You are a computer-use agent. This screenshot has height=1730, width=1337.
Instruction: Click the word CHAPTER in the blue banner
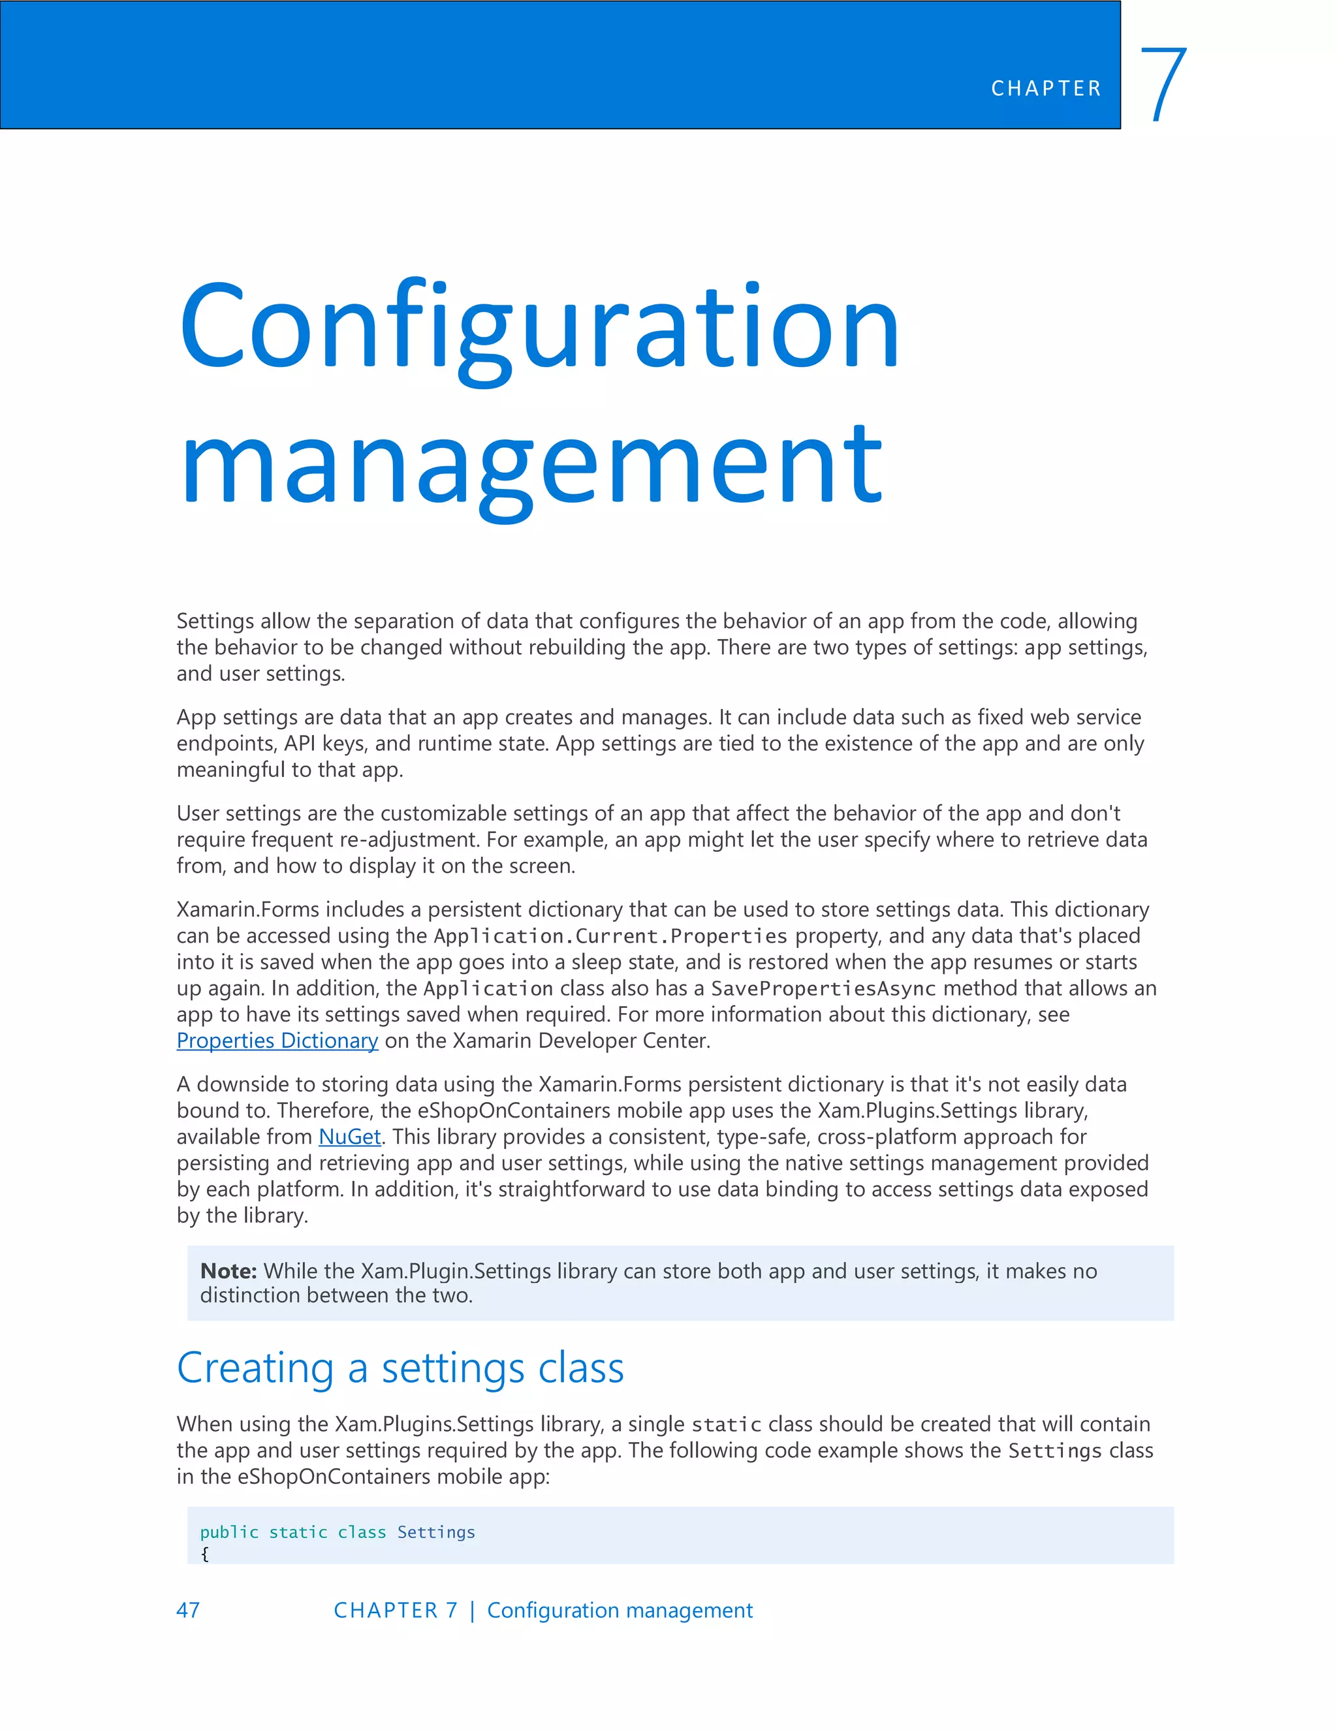(x=1046, y=89)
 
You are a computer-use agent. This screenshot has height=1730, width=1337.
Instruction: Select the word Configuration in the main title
(x=539, y=327)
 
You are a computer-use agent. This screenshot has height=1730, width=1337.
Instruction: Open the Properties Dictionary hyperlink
(x=277, y=1040)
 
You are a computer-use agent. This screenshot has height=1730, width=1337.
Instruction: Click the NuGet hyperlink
(x=349, y=1137)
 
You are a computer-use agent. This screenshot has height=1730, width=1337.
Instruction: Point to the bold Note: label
(x=228, y=1270)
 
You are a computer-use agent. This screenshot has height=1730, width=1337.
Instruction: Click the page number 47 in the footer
(x=188, y=1610)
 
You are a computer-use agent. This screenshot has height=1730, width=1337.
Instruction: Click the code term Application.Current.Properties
(x=610, y=936)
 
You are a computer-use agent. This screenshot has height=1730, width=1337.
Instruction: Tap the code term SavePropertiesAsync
(x=823, y=988)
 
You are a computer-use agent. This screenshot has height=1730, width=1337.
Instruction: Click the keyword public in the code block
(x=229, y=1532)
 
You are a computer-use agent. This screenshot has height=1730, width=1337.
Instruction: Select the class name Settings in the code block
(x=435, y=1532)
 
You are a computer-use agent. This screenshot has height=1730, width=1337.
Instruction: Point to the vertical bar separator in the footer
(x=472, y=1611)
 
